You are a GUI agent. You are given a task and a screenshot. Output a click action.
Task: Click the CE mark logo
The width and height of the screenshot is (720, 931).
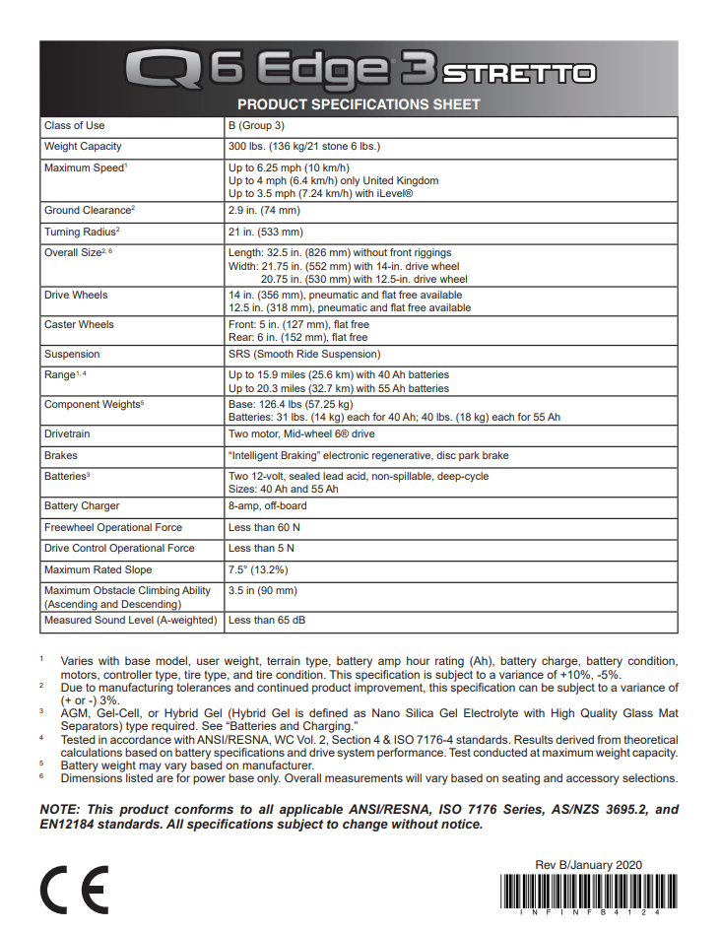[74, 891]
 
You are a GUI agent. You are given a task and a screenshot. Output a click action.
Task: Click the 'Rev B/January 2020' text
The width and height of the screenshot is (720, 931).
[588, 864]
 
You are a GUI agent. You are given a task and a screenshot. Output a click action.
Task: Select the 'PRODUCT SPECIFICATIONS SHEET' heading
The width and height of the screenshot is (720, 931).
[359, 104]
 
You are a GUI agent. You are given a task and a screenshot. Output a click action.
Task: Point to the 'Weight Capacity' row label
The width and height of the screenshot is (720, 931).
[83, 147]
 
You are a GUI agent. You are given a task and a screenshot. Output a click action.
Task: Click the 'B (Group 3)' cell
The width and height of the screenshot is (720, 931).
[256, 126]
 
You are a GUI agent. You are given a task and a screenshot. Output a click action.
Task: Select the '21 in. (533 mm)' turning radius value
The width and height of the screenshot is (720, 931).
[266, 233]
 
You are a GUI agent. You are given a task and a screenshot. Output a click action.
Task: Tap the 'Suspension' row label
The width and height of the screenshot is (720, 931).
[72, 355]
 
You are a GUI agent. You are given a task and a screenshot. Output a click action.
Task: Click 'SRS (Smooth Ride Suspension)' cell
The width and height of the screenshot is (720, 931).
[303, 355]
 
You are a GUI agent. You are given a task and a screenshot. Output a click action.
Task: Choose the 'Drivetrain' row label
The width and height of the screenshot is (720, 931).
[67, 434]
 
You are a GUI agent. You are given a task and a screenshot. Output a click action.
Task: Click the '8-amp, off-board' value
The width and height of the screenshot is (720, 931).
[267, 506]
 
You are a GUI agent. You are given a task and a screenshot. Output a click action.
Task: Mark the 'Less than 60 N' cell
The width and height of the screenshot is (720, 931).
[265, 528]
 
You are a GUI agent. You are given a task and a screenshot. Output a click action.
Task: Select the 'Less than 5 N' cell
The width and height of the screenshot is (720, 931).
[262, 549]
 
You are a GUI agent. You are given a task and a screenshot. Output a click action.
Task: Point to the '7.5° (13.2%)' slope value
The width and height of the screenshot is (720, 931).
[260, 570]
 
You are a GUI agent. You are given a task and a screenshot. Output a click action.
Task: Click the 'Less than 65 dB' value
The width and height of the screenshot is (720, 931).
[267, 621]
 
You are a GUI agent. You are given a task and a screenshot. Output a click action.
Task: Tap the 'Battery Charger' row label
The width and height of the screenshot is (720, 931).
[82, 506]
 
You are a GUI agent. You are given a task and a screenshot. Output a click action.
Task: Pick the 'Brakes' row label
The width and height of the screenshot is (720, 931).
[61, 456]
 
